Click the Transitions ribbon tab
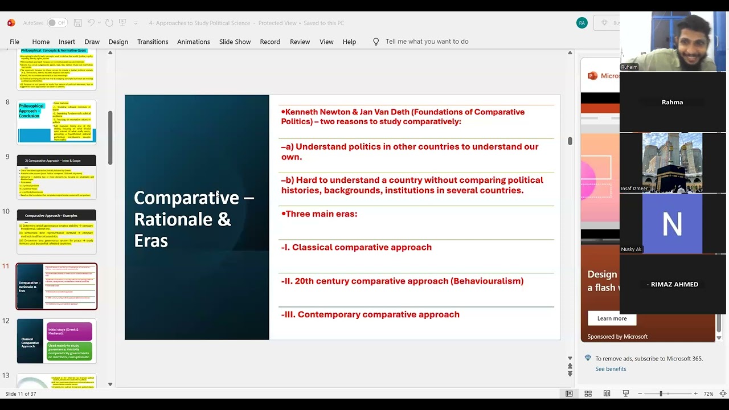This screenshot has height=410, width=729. click(152, 42)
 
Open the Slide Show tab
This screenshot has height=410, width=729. click(235, 42)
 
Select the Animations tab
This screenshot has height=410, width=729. click(193, 42)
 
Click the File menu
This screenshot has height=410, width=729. click(14, 42)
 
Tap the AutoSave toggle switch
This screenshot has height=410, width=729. click(56, 23)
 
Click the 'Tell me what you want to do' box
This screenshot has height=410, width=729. click(427, 42)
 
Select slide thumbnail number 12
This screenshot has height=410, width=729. click(56, 341)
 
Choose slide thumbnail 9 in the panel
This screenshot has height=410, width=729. click(56, 177)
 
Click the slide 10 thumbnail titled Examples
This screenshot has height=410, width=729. click(56, 232)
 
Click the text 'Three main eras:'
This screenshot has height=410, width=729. click(321, 214)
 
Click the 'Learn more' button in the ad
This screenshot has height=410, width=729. click(612, 318)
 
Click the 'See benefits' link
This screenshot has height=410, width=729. click(611, 369)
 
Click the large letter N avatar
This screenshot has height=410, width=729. click(672, 224)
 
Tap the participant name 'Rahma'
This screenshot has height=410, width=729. click(672, 102)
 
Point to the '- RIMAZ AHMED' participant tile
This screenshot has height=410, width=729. click(672, 284)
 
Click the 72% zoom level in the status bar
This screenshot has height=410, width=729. click(708, 394)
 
